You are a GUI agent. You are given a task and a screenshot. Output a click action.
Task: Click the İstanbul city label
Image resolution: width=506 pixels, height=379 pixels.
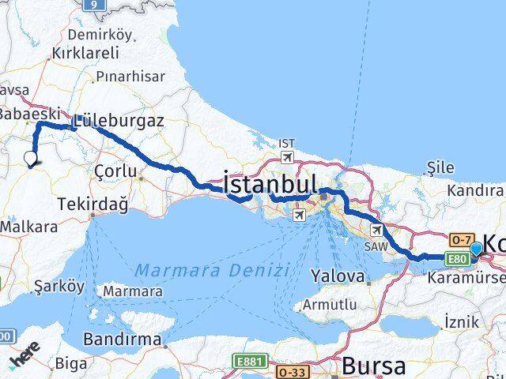270,184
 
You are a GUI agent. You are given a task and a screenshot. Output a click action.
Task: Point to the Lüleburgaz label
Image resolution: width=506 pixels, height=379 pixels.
118,122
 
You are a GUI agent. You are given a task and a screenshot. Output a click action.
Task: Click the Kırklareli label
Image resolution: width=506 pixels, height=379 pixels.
85,53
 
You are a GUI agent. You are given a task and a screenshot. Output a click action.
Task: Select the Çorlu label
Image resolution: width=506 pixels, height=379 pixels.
115,171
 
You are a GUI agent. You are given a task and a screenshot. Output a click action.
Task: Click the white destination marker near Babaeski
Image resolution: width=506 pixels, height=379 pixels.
30,158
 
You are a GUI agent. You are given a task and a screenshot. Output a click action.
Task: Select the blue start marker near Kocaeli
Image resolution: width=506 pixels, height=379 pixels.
476,250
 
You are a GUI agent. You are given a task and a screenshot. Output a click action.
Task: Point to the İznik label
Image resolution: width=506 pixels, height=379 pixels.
462,322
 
